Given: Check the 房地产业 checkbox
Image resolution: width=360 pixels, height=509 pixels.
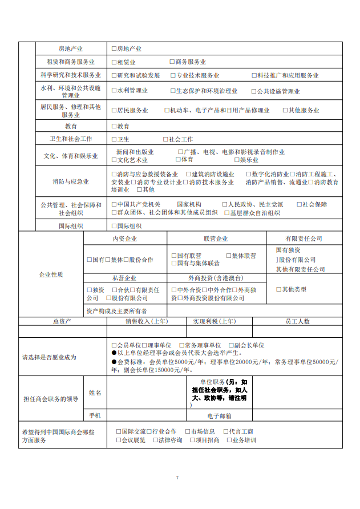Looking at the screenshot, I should tap(114, 49).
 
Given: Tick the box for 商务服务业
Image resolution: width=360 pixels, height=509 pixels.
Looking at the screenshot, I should tap(172, 62).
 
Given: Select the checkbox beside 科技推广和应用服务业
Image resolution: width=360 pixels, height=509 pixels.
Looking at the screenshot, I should tap(254, 75).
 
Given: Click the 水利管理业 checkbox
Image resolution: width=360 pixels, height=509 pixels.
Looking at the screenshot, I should tap(114, 91).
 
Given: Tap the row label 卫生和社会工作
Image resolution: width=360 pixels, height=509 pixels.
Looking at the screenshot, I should tap(71, 139).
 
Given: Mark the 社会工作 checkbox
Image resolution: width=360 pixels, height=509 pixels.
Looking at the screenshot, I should tap(165, 139).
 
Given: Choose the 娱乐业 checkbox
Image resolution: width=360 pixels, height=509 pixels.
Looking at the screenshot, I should tap(237, 160).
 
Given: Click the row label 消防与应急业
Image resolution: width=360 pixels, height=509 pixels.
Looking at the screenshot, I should tap(71, 182).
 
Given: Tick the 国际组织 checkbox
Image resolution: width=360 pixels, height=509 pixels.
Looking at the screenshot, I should tap(114, 226).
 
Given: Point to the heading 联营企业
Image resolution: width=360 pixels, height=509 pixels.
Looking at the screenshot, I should tap(215, 239).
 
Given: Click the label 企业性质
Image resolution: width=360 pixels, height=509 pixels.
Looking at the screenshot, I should tap(51, 274).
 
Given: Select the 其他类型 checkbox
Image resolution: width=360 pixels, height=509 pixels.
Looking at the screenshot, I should tap(278, 289).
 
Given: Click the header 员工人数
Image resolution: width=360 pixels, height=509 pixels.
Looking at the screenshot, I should tap(297, 321).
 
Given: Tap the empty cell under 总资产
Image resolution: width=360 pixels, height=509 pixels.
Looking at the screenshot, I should tap(62, 332).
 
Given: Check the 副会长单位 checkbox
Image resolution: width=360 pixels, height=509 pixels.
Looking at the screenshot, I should tap(230, 346).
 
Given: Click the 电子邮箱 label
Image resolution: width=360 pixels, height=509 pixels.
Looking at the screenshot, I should tap(219, 416).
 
